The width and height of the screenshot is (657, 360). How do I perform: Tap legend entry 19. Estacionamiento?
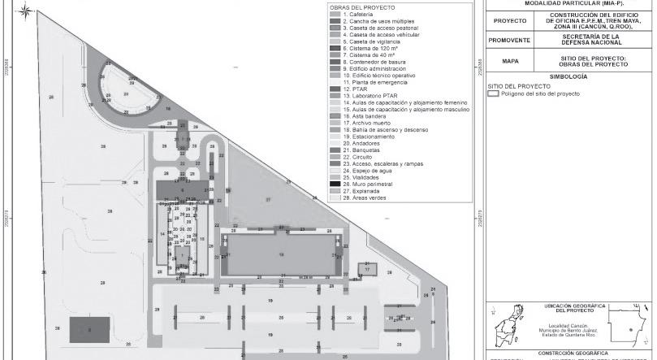point(370,137)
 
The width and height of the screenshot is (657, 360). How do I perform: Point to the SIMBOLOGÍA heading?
point(568,76)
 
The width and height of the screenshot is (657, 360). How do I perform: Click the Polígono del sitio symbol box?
point(491,94)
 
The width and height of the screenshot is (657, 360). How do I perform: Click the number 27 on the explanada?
point(266,199)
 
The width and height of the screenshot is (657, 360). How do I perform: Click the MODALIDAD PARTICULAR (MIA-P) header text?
point(568,3)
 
